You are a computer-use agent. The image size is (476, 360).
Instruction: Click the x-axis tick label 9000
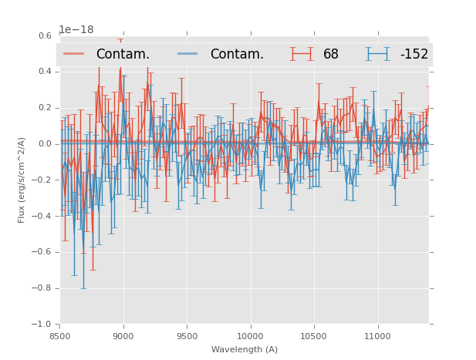123,336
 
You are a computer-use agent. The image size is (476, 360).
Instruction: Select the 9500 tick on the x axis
187,336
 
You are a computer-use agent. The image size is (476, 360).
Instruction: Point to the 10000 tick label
250,336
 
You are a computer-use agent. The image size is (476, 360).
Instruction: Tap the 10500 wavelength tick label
314,336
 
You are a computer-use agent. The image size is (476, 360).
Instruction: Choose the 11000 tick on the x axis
377,336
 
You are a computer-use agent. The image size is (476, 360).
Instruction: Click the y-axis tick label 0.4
45,72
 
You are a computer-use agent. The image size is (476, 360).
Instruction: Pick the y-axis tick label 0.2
45,108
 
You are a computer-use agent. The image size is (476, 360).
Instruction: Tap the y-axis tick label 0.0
45,144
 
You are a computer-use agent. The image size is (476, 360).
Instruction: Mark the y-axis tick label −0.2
42,180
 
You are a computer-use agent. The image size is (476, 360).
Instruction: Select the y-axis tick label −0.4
42,216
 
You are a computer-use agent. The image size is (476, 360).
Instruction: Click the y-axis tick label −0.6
42,252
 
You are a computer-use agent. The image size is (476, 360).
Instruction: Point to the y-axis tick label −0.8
42,288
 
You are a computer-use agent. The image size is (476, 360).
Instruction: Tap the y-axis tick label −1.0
42,325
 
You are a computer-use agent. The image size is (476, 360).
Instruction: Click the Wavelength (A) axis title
245,350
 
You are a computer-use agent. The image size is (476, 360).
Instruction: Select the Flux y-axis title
22,180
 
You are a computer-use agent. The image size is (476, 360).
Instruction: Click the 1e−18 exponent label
76,30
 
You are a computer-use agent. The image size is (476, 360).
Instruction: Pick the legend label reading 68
331,55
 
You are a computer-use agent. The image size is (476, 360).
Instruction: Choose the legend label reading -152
414,55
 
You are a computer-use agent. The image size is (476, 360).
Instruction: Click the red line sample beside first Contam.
74,54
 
